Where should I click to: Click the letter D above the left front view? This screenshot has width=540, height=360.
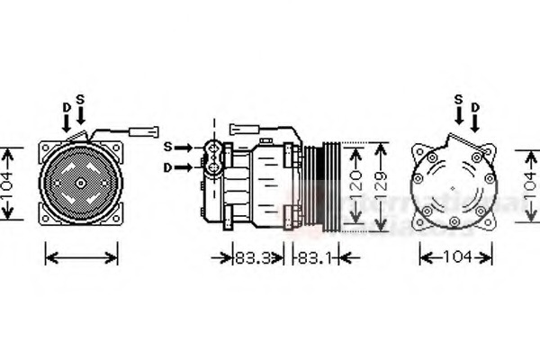pyautogui.click(x=66, y=107)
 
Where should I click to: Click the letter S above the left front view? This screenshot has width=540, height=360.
pyautogui.click(x=81, y=98)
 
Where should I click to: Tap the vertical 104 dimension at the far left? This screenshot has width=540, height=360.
pyautogui.click(x=10, y=183)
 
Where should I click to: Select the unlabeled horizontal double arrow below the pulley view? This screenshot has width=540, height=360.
pyautogui.click(x=81, y=257)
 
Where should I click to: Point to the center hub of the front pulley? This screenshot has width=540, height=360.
pyautogui.click(x=80, y=184)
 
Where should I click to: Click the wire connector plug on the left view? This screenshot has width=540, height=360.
pyautogui.click(x=142, y=131)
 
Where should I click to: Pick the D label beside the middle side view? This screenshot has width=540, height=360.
pyautogui.click(x=167, y=166)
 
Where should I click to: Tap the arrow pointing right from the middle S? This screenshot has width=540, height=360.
pyautogui.click(x=184, y=146)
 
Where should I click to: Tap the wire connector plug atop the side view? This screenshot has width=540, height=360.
pyautogui.click(x=243, y=129)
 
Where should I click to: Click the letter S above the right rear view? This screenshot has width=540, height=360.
pyautogui.click(x=458, y=98)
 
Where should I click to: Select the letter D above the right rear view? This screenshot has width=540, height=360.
pyautogui.click(x=474, y=107)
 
